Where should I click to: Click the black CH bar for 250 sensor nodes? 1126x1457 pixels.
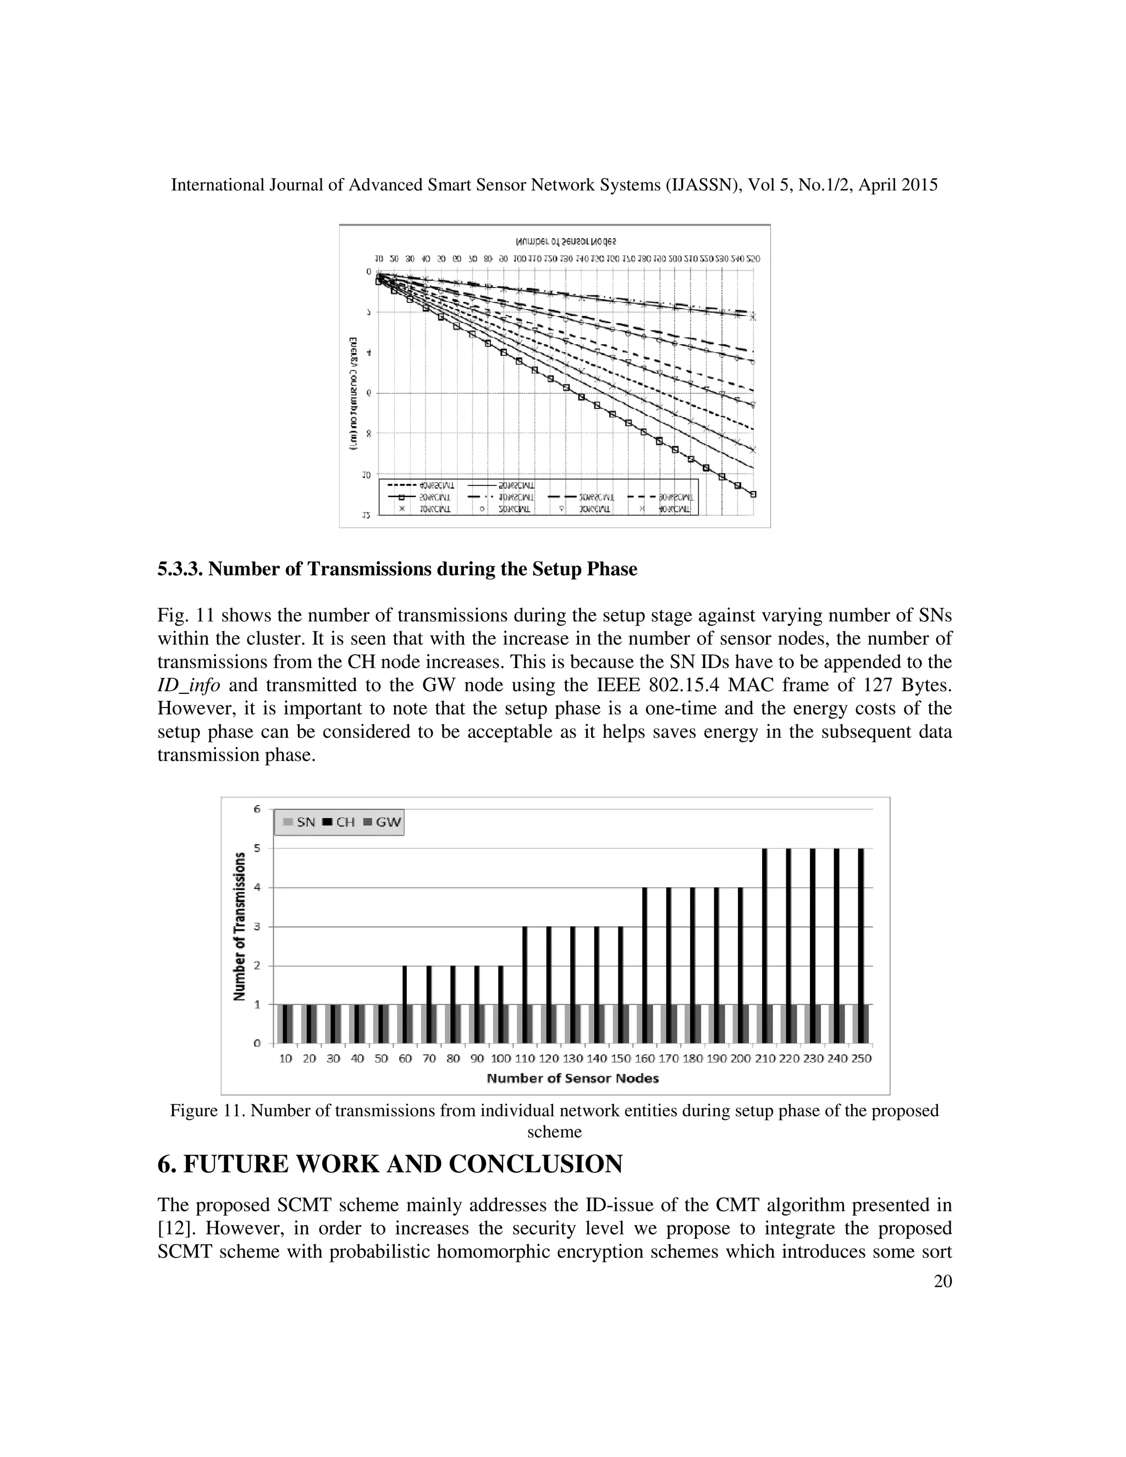860,945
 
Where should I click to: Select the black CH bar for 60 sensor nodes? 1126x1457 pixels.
405,1004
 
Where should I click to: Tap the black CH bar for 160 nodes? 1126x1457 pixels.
645,965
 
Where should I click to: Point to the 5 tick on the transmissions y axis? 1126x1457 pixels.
257,848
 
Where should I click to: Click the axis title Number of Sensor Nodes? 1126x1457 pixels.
572,1078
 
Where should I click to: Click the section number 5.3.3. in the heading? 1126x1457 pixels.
180,569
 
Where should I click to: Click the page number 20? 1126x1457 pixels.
942,1281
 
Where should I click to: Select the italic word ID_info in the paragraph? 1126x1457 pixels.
189,685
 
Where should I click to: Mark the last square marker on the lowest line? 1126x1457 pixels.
753,494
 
